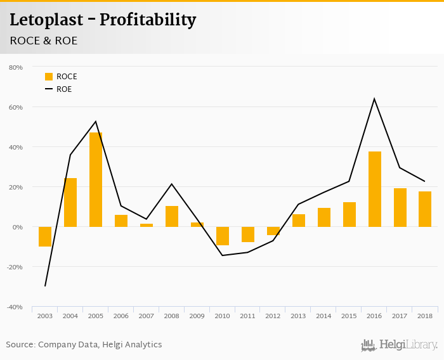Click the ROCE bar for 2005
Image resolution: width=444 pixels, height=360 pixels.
(x=96, y=179)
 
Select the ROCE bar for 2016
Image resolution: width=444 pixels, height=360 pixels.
(x=375, y=189)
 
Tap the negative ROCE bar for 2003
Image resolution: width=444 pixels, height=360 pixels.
(x=45, y=236)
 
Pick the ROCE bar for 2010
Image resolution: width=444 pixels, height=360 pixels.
(x=223, y=236)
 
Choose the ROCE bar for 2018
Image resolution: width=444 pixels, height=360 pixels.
(x=425, y=209)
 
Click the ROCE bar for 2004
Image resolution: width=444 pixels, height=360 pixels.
(x=70, y=202)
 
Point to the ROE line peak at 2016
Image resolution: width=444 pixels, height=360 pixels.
(x=374, y=99)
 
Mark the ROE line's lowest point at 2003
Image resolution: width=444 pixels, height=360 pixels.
(x=45, y=286)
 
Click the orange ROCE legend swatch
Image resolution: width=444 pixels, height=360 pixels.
(x=49, y=77)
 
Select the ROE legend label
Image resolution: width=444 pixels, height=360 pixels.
(x=64, y=89)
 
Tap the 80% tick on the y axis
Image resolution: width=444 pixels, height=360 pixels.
(x=15, y=67)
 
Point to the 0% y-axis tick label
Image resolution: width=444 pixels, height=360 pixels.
(x=17, y=227)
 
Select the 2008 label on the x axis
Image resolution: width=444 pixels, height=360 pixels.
(x=172, y=316)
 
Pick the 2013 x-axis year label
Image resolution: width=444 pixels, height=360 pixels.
(x=299, y=316)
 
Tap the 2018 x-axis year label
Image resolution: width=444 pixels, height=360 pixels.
(x=425, y=316)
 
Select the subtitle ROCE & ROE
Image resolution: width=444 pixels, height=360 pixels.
(x=44, y=41)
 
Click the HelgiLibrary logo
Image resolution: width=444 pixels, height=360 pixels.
(x=400, y=345)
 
